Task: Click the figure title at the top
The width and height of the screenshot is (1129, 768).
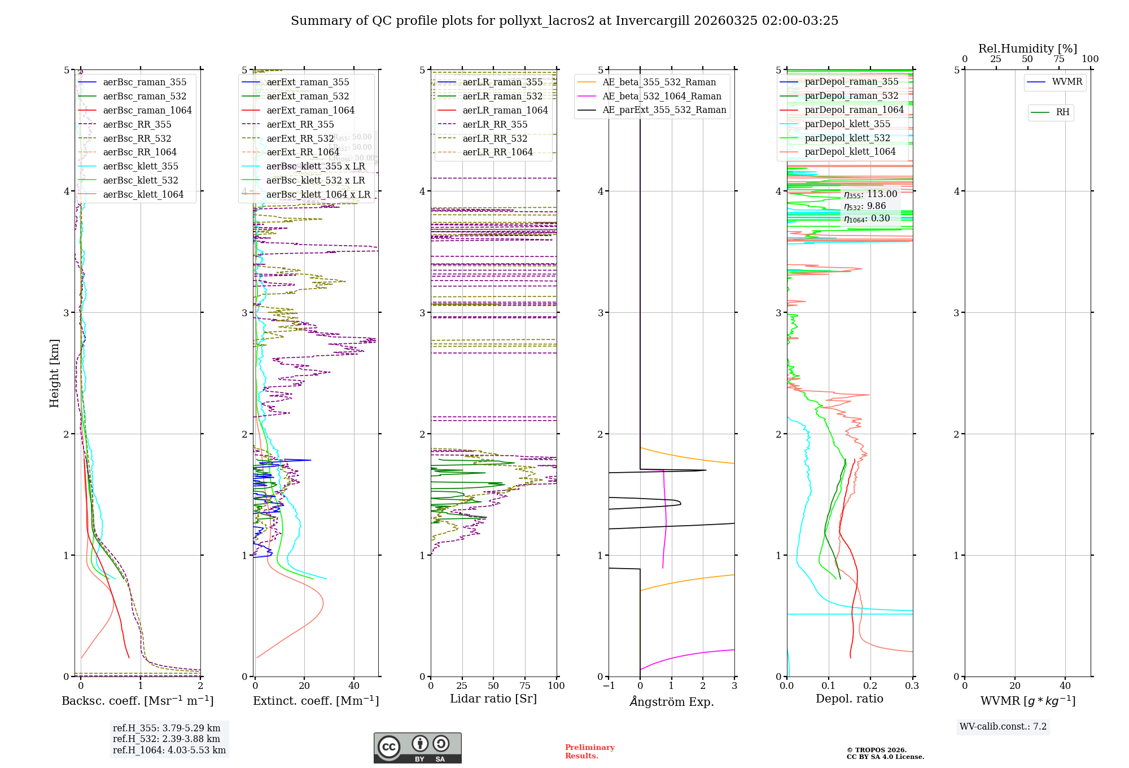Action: tap(564, 21)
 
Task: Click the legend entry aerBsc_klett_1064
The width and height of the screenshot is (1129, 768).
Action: tap(143, 194)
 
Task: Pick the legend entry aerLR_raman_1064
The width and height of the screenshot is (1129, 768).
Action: tap(505, 110)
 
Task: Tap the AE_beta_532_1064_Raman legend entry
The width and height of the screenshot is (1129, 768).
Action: tap(662, 96)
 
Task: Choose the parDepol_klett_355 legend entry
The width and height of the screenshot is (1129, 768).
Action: tap(847, 124)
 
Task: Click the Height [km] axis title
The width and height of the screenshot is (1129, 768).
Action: tap(54, 373)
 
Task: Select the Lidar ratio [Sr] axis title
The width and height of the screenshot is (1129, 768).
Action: tap(493, 699)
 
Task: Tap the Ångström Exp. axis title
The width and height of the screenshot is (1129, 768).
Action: tap(672, 701)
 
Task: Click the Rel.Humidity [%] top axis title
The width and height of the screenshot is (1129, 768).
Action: tap(1027, 49)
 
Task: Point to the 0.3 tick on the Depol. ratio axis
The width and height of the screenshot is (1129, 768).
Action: tap(912, 686)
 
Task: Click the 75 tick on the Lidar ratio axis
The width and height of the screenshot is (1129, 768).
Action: tap(525, 686)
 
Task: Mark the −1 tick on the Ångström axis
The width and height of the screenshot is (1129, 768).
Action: tap(608, 686)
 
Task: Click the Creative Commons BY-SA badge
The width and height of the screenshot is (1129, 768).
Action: tap(417, 748)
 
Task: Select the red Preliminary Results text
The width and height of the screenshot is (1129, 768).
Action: tap(589, 751)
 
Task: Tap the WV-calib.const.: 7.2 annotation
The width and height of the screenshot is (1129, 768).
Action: tap(1003, 726)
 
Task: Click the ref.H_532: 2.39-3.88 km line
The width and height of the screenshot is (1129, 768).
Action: tap(167, 739)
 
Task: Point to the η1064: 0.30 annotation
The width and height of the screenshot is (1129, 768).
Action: tap(867, 219)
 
